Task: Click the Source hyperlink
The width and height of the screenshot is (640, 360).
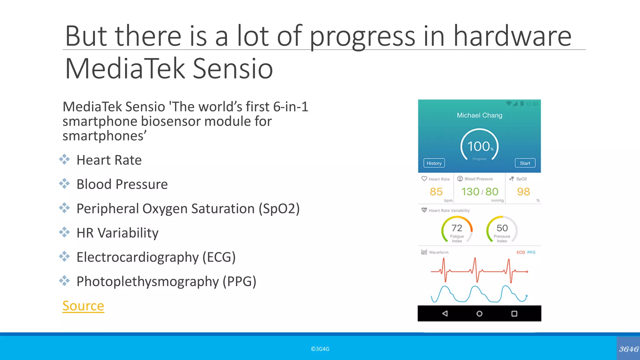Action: coord(83,306)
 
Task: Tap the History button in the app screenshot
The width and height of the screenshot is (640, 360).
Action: coord(434,163)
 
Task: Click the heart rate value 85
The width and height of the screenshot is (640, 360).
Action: coord(436,192)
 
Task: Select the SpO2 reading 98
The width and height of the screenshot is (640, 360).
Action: coord(523,192)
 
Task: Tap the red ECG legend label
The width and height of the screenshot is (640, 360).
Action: coord(521,252)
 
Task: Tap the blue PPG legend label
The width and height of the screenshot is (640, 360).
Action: coord(531,252)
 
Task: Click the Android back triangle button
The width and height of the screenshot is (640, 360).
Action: coord(445,313)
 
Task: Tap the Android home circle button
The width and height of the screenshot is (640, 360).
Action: coord(479,313)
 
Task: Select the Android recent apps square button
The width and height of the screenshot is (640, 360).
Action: coord(514,313)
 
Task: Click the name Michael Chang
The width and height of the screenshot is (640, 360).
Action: coord(479,115)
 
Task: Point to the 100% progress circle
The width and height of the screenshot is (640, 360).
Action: coord(479,146)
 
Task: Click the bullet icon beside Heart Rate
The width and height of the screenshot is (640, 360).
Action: coord(64,159)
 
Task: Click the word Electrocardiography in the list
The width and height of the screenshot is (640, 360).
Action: coord(137,257)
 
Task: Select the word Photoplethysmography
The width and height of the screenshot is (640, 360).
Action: coord(147,282)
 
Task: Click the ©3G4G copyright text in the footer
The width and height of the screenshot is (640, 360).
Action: coord(320,349)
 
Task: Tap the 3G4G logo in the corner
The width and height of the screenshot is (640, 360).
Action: coord(628,349)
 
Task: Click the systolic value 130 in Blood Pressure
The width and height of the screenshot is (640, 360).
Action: coord(470,192)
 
